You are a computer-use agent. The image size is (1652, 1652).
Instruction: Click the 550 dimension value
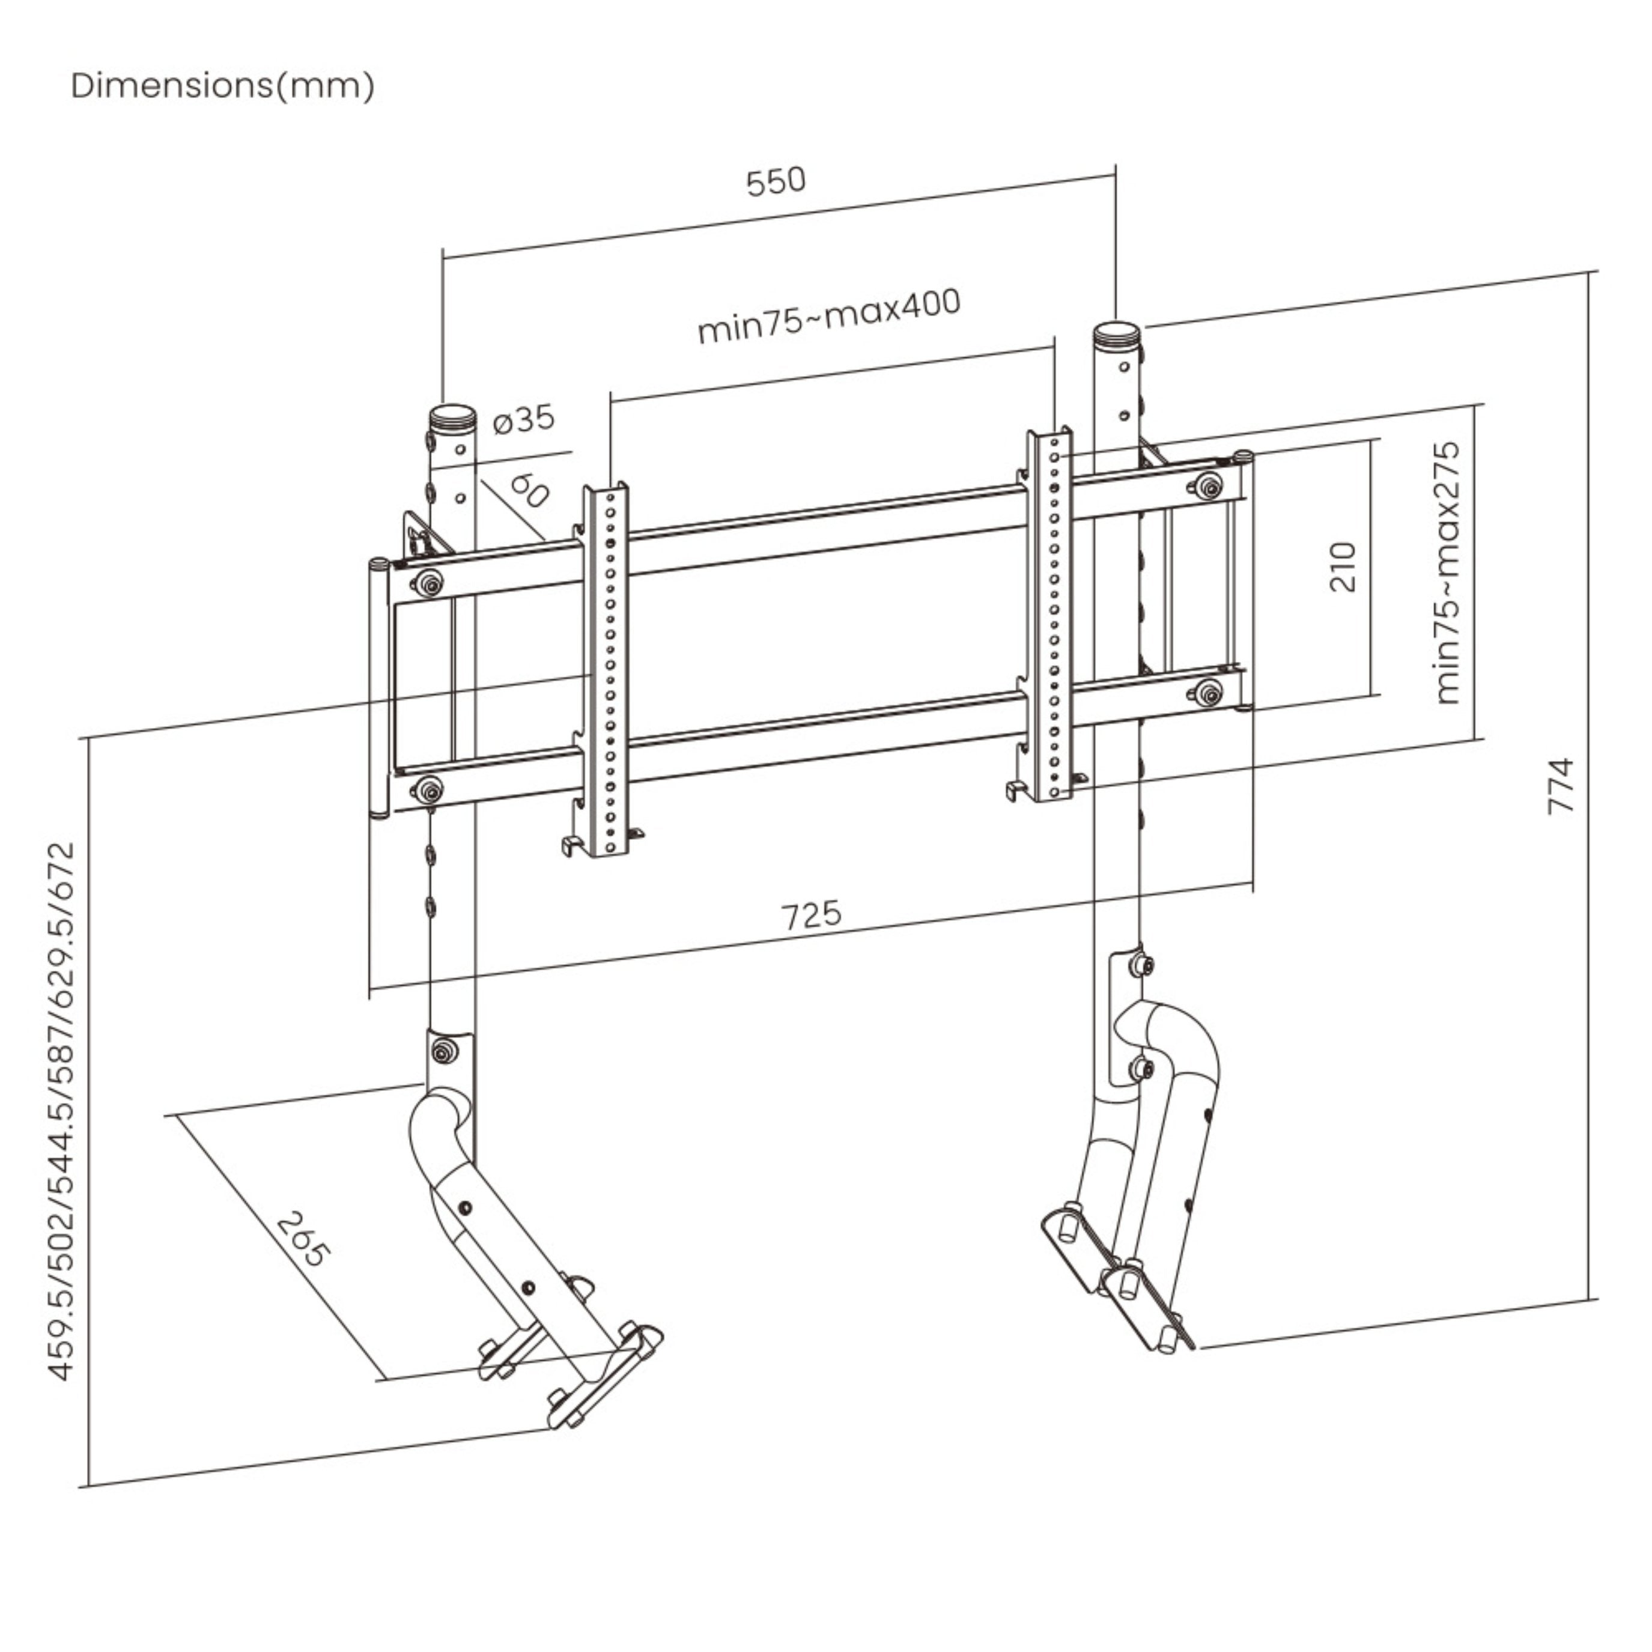pos(776,181)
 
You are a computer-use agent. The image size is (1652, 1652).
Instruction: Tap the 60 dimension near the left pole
pos(529,491)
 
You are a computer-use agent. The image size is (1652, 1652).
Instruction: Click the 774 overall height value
pos(1561,785)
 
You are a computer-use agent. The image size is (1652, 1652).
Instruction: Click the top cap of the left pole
pos(452,418)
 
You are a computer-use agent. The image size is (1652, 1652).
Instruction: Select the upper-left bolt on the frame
pos(428,584)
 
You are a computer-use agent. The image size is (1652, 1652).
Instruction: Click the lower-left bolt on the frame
pos(428,788)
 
